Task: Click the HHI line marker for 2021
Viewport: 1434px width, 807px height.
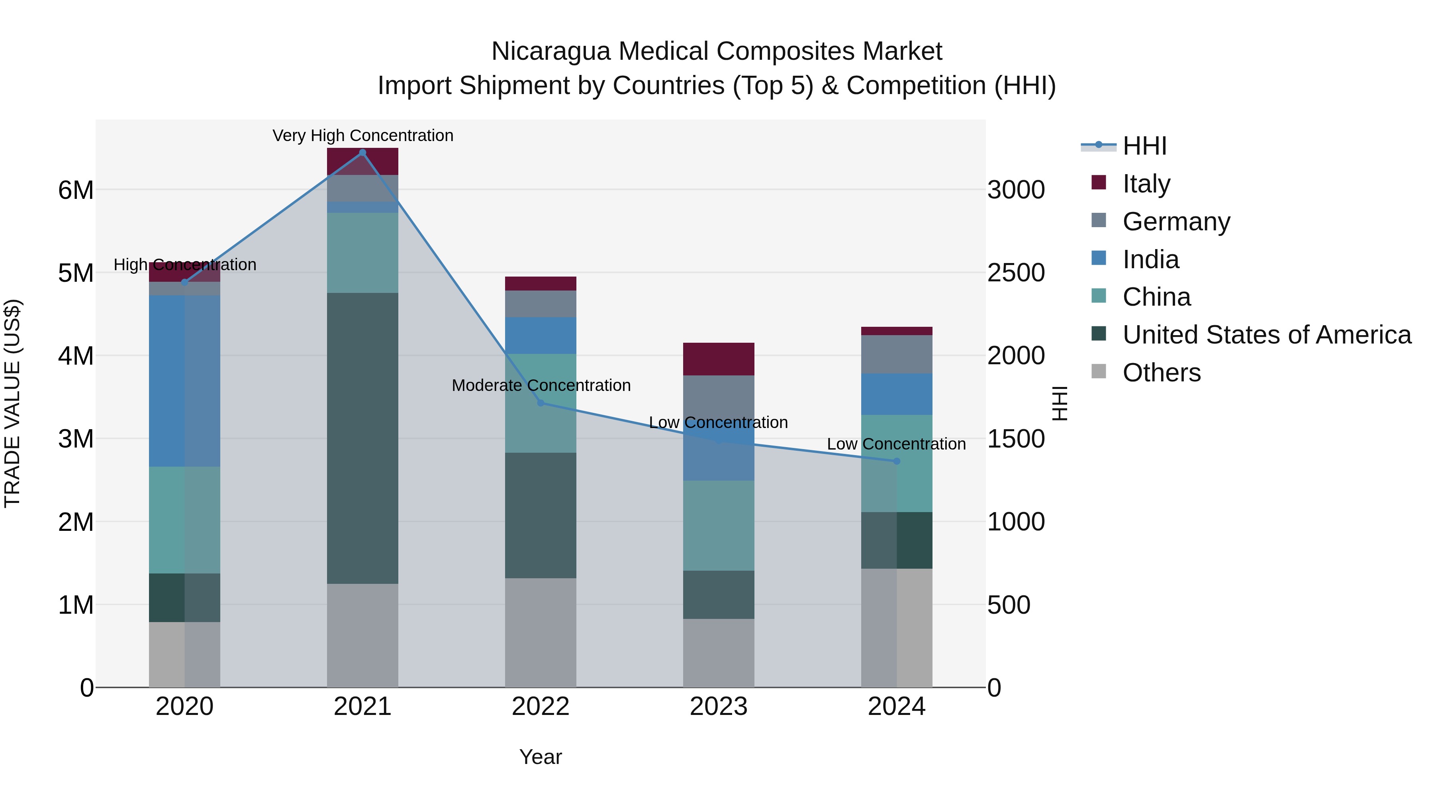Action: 362,153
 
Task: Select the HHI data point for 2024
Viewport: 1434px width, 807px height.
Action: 896,461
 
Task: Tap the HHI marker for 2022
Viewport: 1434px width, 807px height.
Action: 541,403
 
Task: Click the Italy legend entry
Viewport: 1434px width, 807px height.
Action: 1146,183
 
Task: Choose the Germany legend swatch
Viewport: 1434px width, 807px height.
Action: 1099,220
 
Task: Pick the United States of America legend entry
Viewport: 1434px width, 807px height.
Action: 1266,335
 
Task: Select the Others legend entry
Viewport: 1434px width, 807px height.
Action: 1161,373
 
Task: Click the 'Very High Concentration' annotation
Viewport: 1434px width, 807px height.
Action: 363,135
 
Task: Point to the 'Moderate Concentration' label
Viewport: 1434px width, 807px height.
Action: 541,385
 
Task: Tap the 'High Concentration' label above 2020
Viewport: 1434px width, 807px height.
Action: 185,265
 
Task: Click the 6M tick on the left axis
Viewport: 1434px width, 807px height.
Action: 76,190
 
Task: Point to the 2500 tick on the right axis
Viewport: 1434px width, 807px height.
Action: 1016,273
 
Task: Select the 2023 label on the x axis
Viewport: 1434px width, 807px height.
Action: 718,707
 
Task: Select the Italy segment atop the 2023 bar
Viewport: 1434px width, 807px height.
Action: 718,359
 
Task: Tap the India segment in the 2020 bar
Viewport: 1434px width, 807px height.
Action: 184,381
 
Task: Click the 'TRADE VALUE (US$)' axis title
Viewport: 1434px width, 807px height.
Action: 12,403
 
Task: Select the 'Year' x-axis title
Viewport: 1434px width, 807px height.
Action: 541,757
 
